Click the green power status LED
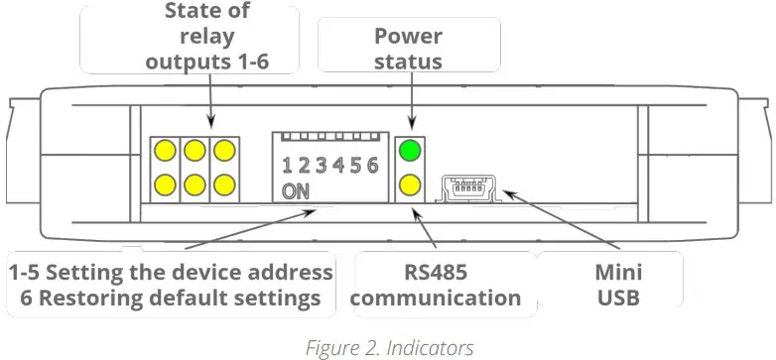[410, 152]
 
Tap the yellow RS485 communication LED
[410, 183]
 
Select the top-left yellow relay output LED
[165, 152]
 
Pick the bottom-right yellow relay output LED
[225, 183]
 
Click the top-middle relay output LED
[194, 152]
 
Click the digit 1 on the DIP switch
[288, 165]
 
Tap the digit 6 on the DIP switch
[372, 165]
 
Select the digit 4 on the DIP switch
[338, 165]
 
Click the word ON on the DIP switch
[295, 191]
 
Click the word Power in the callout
[408, 37]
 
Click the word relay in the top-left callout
[206, 37]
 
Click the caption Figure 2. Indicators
[388, 346]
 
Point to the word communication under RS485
[436, 297]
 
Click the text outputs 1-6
[206, 61]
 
